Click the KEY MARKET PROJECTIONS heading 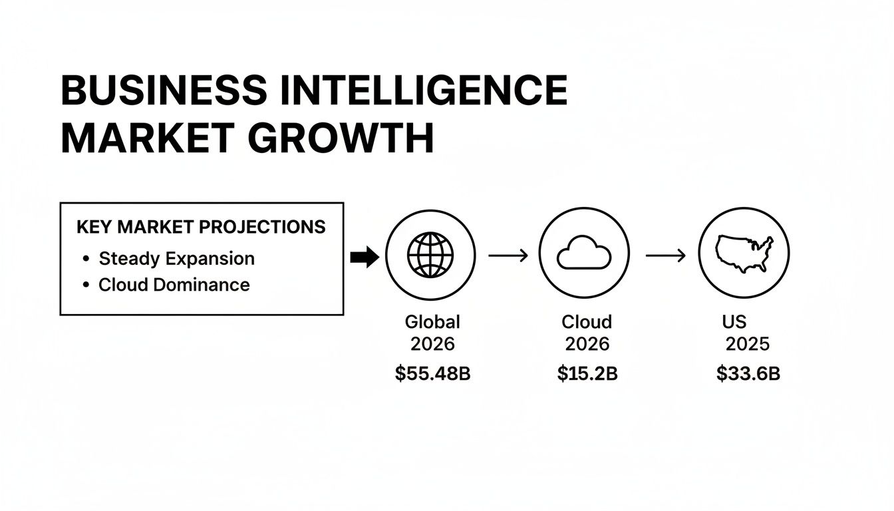201,227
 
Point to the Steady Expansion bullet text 176,258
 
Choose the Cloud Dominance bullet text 174,285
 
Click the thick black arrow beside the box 364,256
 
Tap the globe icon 430,254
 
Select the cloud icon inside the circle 583,255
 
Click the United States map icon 744,254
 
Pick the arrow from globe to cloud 508,254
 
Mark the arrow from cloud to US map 665,254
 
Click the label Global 432,322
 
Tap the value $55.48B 432,374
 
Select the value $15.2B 587,374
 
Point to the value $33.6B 748,374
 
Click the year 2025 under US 747,344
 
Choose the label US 734,322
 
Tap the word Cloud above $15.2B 586,322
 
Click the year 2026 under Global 432,344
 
